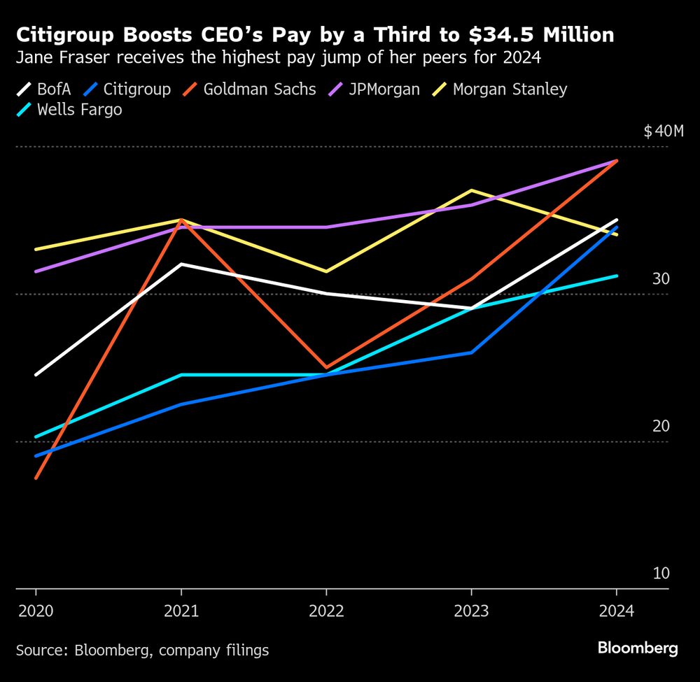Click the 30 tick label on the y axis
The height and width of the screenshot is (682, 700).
(661, 279)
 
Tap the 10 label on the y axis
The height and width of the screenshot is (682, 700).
(661, 574)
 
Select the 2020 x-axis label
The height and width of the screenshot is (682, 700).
(36, 611)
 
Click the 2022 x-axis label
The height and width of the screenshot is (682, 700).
(326, 611)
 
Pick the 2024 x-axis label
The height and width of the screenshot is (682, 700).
(616, 611)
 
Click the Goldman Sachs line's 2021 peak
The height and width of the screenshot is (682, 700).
(181, 220)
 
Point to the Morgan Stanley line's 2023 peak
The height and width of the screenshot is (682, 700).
(471, 190)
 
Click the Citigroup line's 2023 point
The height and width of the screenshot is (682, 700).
(471, 353)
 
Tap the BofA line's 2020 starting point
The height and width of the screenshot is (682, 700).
(36, 375)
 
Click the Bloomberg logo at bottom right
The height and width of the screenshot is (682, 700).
(638, 648)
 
